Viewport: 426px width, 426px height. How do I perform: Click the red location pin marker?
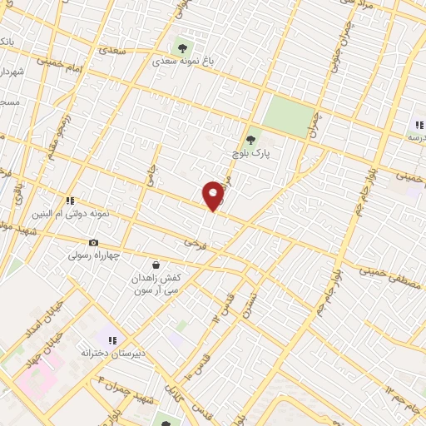[x=214, y=195]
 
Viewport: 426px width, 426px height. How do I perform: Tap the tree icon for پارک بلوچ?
[x=250, y=140]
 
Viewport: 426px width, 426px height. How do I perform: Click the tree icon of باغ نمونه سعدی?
[x=182, y=47]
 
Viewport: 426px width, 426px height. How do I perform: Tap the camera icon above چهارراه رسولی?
[x=93, y=242]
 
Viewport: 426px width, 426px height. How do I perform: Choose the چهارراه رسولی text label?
[x=92, y=255]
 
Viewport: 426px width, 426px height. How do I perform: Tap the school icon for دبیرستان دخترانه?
[x=112, y=339]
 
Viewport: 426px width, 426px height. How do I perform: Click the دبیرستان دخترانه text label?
[x=112, y=353]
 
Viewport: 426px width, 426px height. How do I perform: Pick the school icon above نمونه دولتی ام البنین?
[x=71, y=201]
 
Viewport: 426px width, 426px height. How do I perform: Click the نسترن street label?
[x=250, y=307]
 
